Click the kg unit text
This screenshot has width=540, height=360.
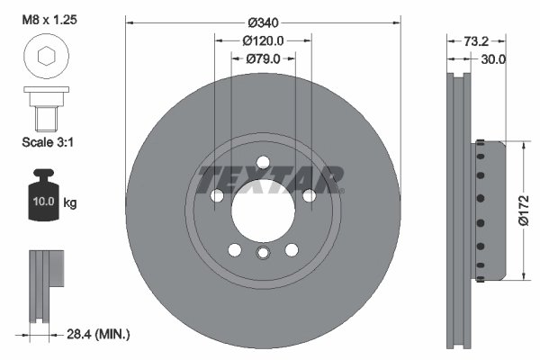[x=70, y=203]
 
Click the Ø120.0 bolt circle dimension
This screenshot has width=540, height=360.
[x=263, y=40]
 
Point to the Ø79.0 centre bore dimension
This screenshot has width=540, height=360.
[x=263, y=58]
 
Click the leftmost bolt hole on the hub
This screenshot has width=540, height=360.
[x=216, y=195]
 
